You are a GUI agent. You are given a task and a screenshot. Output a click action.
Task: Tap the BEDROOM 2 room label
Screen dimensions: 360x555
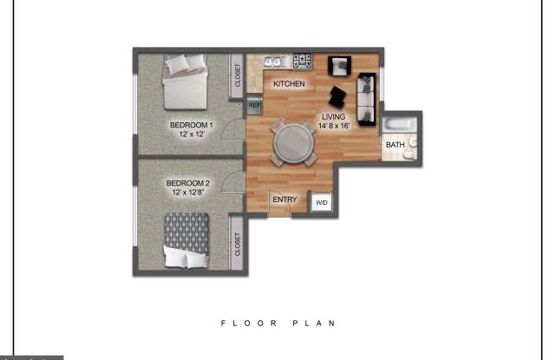(188, 183)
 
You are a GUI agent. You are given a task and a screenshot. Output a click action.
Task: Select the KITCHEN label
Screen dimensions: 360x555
(289, 84)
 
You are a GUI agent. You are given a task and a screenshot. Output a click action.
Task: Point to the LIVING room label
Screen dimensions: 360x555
(335, 116)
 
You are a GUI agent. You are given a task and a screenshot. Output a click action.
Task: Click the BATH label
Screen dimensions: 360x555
(395, 145)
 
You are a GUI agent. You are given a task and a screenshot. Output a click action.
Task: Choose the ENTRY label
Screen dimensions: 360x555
(284, 200)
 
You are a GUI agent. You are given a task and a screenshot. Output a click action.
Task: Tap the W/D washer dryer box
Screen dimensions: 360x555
(321, 203)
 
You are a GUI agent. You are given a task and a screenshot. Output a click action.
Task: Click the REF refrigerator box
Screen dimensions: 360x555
(254, 106)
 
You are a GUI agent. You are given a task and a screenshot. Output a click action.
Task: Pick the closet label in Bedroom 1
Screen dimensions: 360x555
(237, 76)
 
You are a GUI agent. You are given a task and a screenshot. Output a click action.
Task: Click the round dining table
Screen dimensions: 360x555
(293, 141)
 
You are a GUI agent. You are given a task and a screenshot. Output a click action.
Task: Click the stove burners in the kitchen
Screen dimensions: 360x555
(302, 62)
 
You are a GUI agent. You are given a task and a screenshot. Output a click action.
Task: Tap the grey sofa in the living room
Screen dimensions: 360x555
(367, 97)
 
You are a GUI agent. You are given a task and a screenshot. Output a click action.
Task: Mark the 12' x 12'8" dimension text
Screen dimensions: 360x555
(188, 193)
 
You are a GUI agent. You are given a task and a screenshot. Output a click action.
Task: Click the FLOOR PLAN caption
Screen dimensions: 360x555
(277, 323)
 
